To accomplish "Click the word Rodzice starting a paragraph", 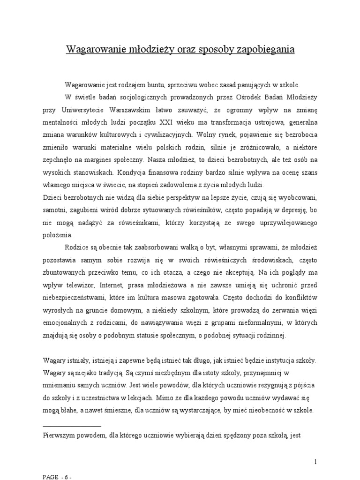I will coord(79,246).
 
